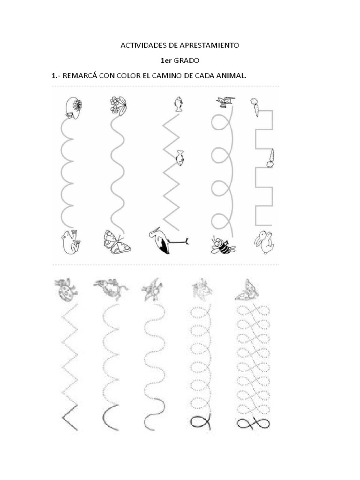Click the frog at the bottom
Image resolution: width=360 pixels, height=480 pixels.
click(x=71, y=242)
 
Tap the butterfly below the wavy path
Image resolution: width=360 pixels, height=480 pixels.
click(x=117, y=242)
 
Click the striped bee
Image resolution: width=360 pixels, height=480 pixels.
click(x=223, y=245)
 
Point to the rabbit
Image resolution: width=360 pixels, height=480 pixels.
click(x=264, y=242)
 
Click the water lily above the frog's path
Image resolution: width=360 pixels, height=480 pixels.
click(x=74, y=108)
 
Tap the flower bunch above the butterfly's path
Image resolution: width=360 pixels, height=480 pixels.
click(x=118, y=105)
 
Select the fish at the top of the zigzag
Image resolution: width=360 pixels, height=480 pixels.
click(x=178, y=104)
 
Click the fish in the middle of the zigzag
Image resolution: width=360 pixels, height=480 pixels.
click(x=180, y=157)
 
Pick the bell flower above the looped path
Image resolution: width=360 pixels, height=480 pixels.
click(x=225, y=102)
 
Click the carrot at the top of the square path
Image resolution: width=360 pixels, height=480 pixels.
click(x=255, y=107)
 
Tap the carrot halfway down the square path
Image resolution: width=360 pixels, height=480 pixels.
click(x=270, y=158)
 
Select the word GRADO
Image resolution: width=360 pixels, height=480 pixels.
click(x=187, y=60)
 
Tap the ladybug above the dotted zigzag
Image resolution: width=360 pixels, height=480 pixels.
click(x=66, y=290)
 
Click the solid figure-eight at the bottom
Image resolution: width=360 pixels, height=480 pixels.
click(x=254, y=424)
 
